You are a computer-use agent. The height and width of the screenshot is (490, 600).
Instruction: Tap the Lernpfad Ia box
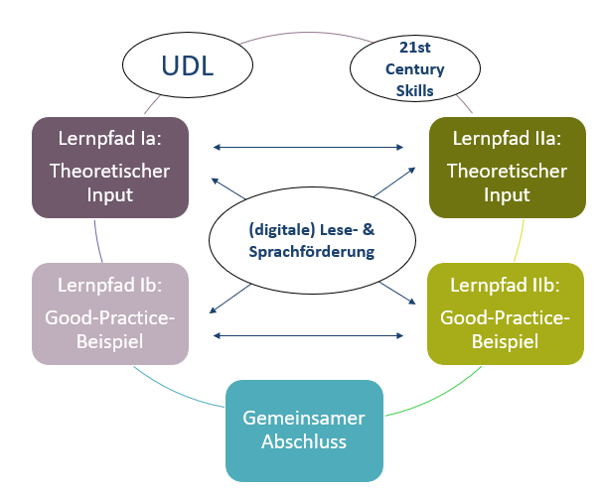click(109, 168)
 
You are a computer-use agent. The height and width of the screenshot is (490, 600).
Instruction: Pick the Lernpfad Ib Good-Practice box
click(109, 313)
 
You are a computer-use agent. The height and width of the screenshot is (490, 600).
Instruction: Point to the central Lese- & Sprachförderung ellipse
click(304, 240)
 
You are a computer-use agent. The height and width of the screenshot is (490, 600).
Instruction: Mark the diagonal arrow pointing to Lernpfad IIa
click(390, 183)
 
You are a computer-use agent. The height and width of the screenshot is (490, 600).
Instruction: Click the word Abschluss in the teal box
click(304, 441)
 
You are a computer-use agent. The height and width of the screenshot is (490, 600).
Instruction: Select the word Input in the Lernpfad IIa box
click(507, 194)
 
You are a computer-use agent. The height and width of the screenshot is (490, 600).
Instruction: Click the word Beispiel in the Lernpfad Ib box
click(109, 341)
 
